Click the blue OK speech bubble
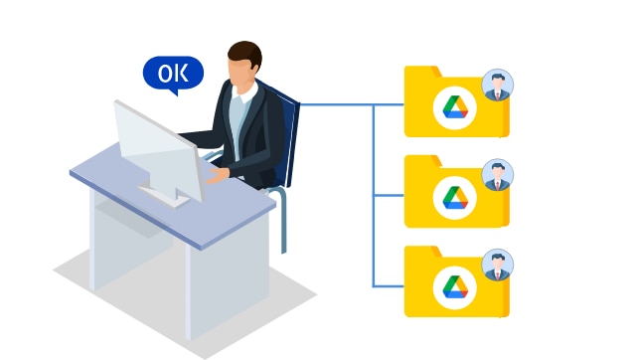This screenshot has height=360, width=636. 173,73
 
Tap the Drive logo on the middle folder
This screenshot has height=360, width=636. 455,197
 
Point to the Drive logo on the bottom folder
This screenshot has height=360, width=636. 455,287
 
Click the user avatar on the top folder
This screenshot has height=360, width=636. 497,86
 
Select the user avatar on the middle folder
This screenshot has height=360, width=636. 497,175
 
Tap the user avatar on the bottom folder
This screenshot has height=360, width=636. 497,266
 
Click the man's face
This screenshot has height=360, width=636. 239,73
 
